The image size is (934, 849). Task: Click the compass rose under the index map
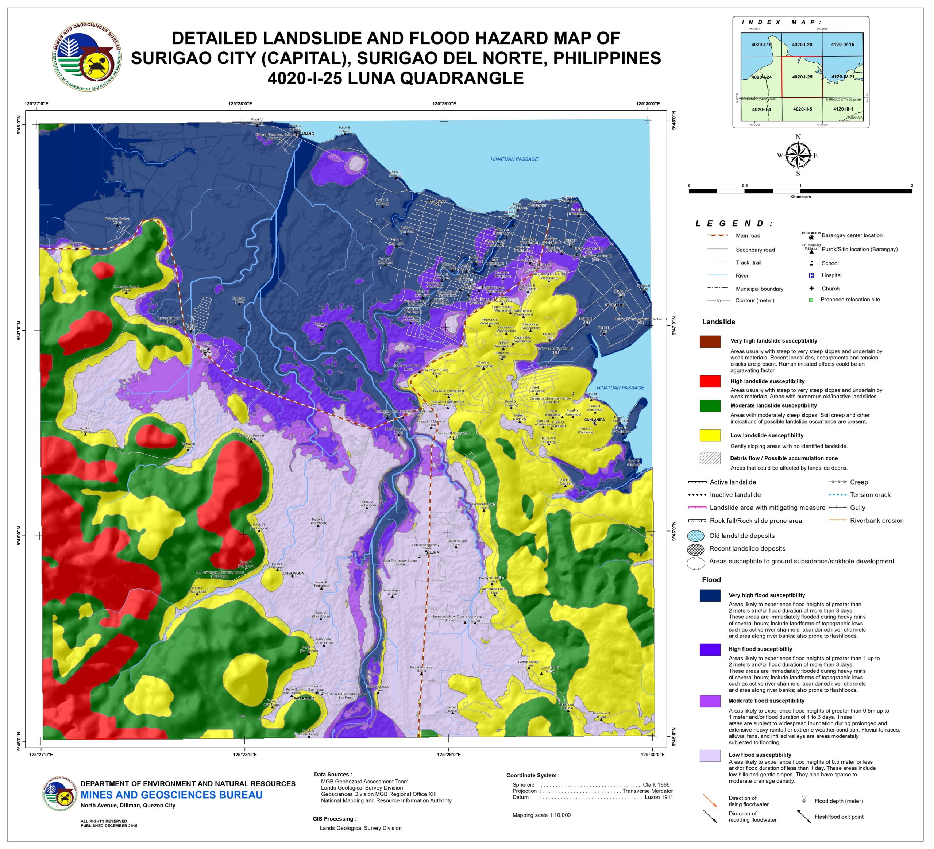pyautogui.click(x=798, y=155)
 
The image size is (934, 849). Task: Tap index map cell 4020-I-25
pyautogui.click(x=802, y=77)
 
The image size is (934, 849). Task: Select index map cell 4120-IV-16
pyautogui.click(x=842, y=45)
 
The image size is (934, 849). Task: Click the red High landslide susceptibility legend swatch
pyautogui.click(x=710, y=381)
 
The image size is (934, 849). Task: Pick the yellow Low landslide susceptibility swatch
pyautogui.click(x=710, y=435)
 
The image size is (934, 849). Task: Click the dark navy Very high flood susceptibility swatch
pyautogui.click(x=710, y=595)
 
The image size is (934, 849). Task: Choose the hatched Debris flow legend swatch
pyautogui.click(x=710, y=458)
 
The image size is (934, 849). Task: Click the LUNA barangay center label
pyautogui.click(x=434, y=553)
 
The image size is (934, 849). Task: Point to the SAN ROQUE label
pyautogui.click(x=304, y=698)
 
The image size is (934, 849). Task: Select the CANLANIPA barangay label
pyautogui.click(x=594, y=420)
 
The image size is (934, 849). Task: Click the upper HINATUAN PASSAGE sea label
pyautogui.click(x=514, y=159)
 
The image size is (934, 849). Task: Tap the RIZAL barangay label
pyautogui.click(x=205, y=352)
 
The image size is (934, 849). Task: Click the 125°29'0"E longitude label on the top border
pyautogui.click(x=444, y=104)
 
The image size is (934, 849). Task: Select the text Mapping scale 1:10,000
pyautogui.click(x=541, y=815)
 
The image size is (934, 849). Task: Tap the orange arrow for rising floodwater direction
pyautogui.click(x=710, y=800)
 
